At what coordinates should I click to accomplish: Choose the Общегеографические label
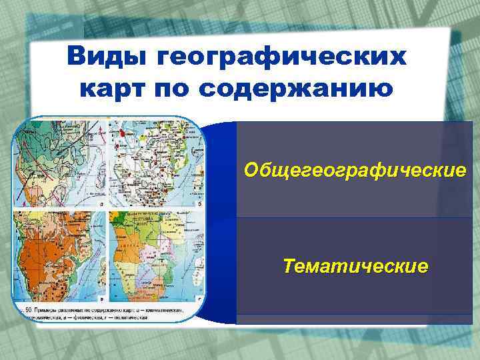coord(355,171)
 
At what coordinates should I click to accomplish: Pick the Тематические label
coord(355,267)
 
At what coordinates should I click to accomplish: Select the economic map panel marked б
coord(152,163)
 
